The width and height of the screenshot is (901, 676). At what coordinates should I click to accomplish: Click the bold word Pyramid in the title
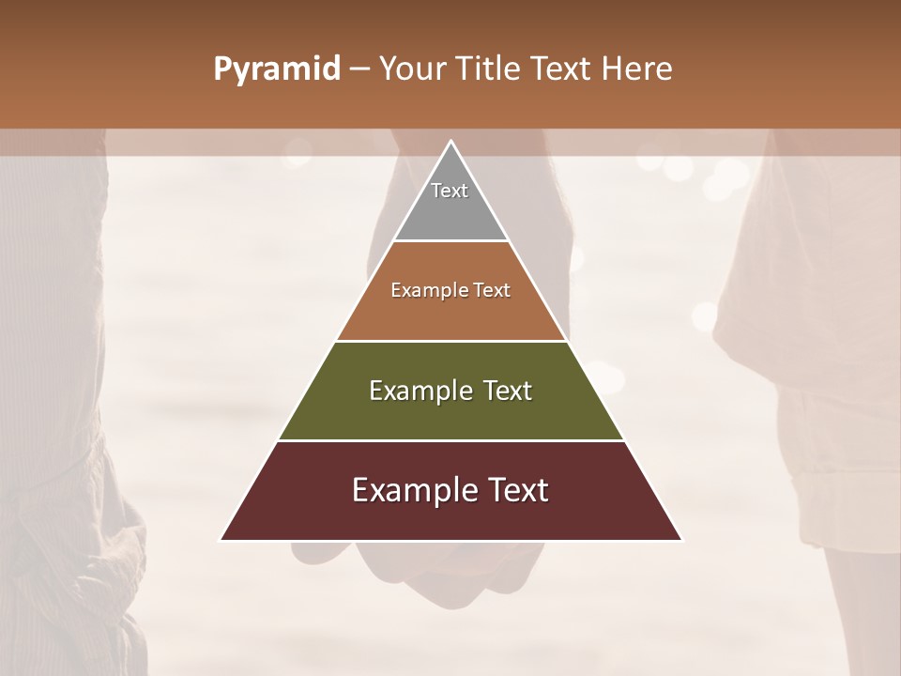(x=277, y=69)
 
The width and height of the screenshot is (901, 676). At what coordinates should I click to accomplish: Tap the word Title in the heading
(x=487, y=69)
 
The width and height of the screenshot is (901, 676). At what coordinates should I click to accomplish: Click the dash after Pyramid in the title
(x=359, y=69)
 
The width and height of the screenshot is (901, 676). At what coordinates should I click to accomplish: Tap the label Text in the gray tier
(x=450, y=191)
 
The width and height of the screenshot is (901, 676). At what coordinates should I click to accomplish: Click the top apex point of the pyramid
(x=450, y=142)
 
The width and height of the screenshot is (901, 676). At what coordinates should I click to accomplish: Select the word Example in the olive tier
(x=418, y=391)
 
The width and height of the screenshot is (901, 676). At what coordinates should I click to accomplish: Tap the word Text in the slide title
(x=564, y=69)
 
